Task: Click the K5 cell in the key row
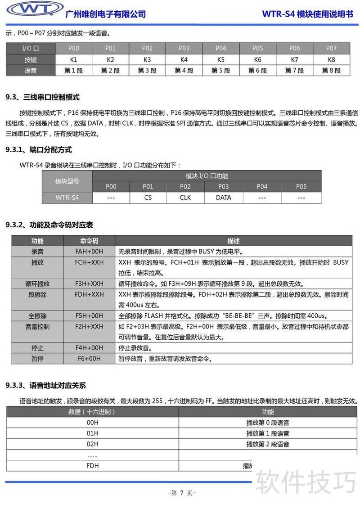pos(220,59)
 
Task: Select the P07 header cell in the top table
pos(331,48)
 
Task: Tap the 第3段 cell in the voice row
pos(147,70)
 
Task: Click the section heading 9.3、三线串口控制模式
pos(42,97)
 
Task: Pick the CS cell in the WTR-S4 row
pos(148,198)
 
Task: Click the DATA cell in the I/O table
pos(223,198)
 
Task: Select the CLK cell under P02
pos(185,198)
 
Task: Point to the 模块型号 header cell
pos(67,181)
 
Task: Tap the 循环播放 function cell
pos(37,284)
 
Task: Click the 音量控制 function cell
pos(37,326)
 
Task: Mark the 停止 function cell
pos(37,348)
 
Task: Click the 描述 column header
pos(234,241)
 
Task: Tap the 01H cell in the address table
pos(92,433)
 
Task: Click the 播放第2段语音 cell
pos(268,444)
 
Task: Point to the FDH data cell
pos(92,466)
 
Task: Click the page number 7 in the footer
pos(182,493)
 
